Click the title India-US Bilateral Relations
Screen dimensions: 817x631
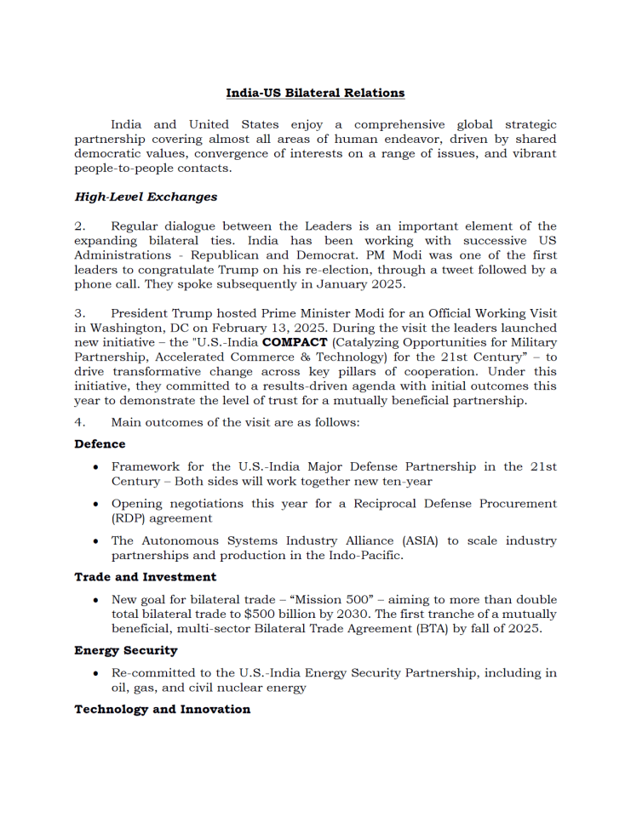(315, 93)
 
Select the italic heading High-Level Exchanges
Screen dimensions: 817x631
(146, 197)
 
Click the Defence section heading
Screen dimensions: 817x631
(100, 443)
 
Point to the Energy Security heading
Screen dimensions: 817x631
(126, 650)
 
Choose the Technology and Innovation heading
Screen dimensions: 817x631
(162, 709)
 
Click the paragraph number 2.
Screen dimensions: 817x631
(79, 226)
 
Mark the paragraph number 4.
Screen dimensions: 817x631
(79, 421)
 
